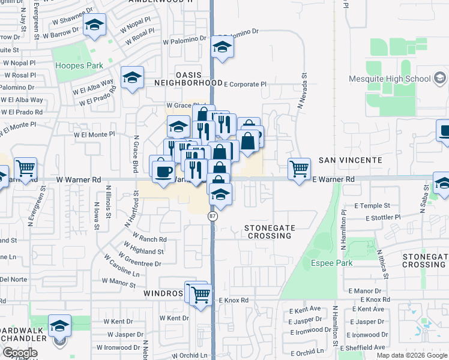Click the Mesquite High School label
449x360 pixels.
click(x=390, y=79)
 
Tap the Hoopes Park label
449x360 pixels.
click(x=78, y=65)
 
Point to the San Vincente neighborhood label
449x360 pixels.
click(x=350, y=160)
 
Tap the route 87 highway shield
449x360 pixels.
click(x=212, y=215)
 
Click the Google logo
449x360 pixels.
click(x=20, y=353)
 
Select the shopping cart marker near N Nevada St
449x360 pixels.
click(x=299, y=168)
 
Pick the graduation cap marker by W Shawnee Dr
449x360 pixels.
click(x=94, y=25)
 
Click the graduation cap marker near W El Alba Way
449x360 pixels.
click(x=132, y=78)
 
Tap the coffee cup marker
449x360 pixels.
click(x=163, y=171)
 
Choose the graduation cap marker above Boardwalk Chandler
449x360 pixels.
click(x=59, y=326)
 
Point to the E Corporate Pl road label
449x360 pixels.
click(x=245, y=85)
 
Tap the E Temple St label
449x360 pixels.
click(x=372, y=206)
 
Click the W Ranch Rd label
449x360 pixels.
click(x=150, y=239)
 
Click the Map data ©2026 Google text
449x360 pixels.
click(x=412, y=355)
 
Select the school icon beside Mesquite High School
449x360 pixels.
click(x=440, y=79)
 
